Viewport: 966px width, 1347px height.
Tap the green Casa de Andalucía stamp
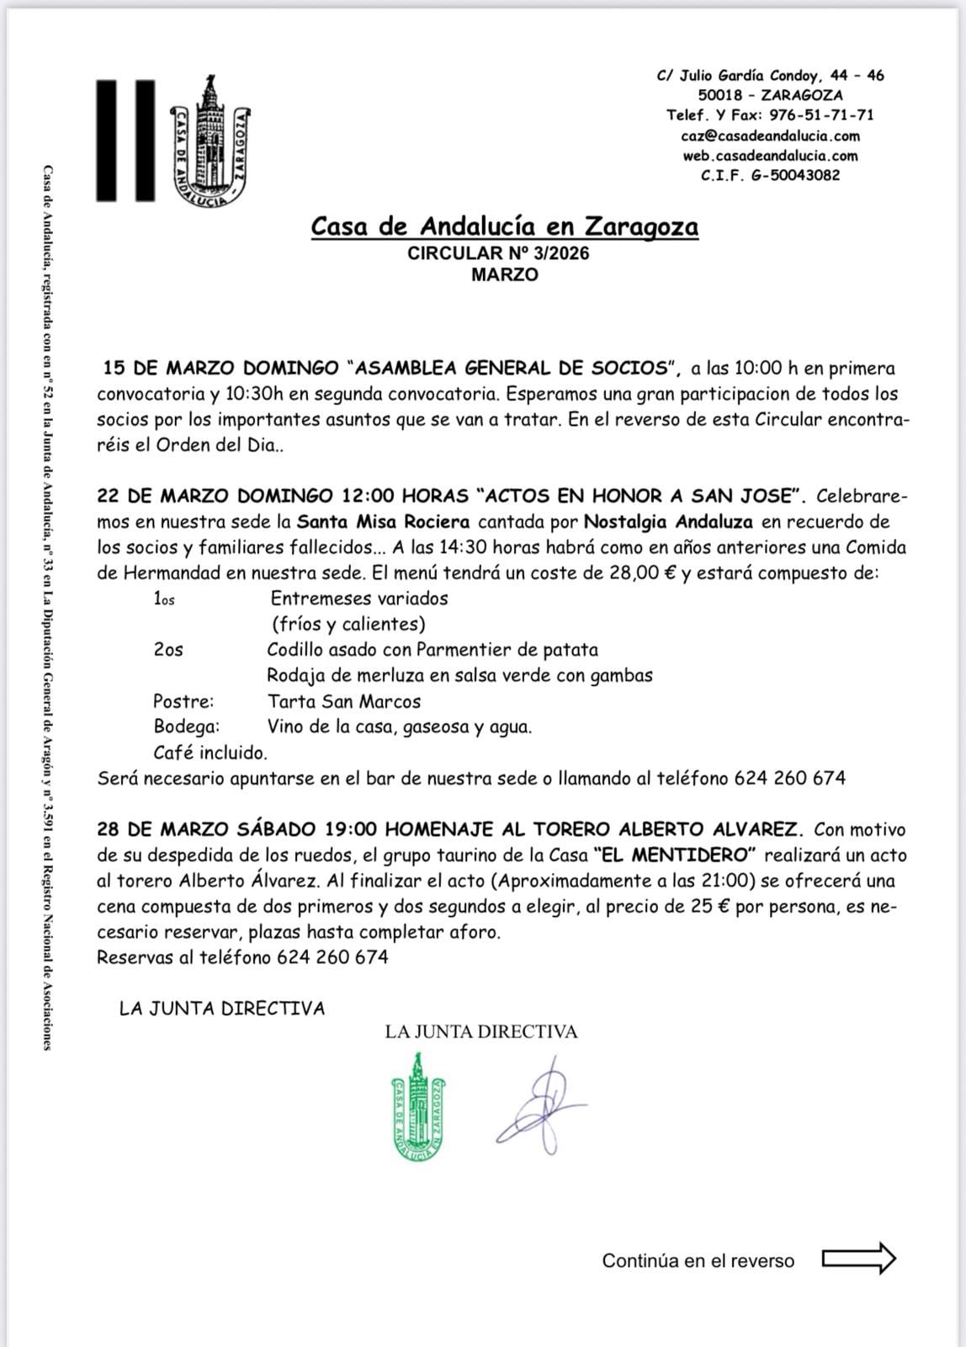pyautogui.click(x=418, y=1106)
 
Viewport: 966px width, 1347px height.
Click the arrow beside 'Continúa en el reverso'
pyautogui.click(x=858, y=1259)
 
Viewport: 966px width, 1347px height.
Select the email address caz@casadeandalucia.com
pyautogui.click(x=770, y=136)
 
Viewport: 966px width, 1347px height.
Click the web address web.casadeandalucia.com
pyautogui.click(x=770, y=156)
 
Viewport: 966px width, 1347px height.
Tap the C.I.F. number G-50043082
pyautogui.click(x=770, y=175)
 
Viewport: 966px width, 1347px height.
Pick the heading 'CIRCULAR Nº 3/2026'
pyautogui.click(x=498, y=253)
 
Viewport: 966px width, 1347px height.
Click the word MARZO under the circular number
pyautogui.click(x=505, y=274)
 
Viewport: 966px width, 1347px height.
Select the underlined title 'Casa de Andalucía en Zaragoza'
pyautogui.click(x=504, y=226)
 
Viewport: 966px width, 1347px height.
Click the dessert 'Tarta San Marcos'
pyautogui.click(x=343, y=701)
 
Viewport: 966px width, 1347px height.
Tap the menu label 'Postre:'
pyautogui.click(x=183, y=701)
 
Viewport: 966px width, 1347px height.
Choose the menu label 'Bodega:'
pyautogui.click(x=186, y=727)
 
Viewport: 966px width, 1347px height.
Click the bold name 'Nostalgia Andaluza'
pyautogui.click(x=668, y=522)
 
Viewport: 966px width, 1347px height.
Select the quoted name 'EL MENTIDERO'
pyautogui.click(x=674, y=855)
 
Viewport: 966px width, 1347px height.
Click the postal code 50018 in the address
pyautogui.click(x=719, y=95)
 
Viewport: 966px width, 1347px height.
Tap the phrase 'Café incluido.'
pyautogui.click(x=210, y=753)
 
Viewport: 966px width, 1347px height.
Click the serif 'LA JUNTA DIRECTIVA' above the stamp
pyautogui.click(x=481, y=1031)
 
